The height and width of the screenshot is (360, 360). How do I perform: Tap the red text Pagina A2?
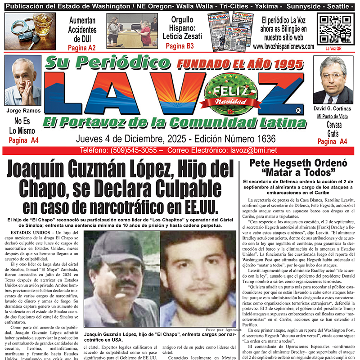[82, 47]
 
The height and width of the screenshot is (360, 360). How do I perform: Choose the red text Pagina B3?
[180, 46]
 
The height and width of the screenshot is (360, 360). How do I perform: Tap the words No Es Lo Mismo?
[24, 126]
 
